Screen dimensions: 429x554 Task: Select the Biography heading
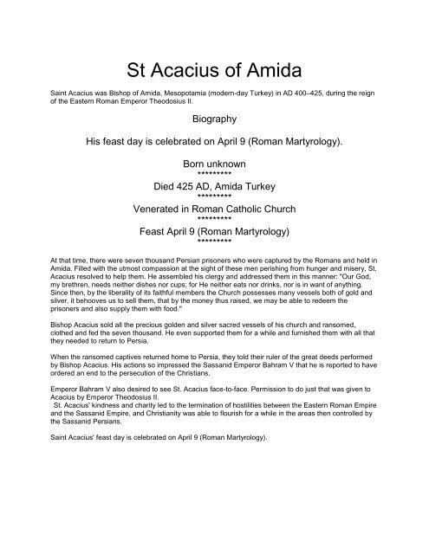click(x=214, y=123)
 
